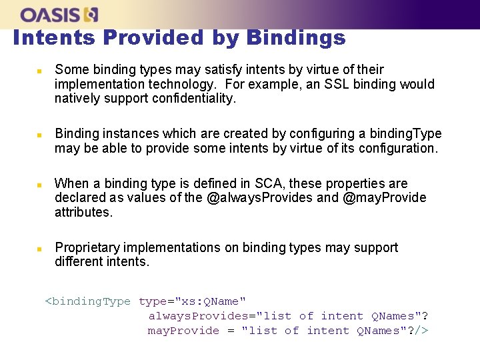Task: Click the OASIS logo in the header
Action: [x=59, y=14]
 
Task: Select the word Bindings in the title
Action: [x=295, y=38]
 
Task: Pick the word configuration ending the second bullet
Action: [x=398, y=148]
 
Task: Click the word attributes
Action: [x=83, y=212]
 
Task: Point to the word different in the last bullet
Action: [x=79, y=261]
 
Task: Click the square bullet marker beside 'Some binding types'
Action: [x=39, y=70]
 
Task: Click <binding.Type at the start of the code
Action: [x=87, y=301]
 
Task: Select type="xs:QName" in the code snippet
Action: [x=192, y=301]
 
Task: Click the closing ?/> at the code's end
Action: [x=417, y=331]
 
